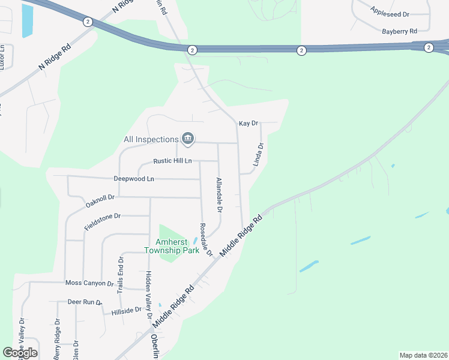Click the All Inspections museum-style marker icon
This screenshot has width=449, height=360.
pos(188,139)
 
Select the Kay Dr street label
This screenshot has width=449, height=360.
pos(248,123)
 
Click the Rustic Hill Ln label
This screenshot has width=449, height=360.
pos(172,161)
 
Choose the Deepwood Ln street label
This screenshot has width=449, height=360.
pos(134,179)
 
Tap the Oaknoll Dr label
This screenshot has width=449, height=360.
pos(100,200)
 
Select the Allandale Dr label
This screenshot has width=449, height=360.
pos(219,196)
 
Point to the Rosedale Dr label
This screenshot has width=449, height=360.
pos(206,240)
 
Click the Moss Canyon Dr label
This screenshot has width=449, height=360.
pos(89,283)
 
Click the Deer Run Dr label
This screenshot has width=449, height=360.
pos(84,302)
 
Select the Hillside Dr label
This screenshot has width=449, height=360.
pos(126,311)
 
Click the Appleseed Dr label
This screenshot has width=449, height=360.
pos(390,11)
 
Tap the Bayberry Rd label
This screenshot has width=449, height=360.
pos(399,30)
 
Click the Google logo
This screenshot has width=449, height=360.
pos(20,353)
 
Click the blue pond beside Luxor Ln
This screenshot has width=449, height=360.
pos(28,20)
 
